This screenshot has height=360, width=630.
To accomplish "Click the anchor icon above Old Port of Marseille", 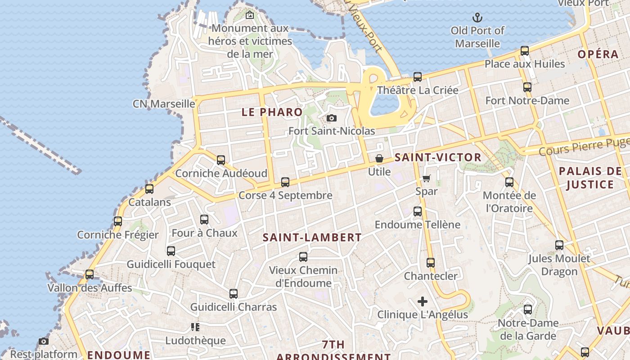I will [477, 18].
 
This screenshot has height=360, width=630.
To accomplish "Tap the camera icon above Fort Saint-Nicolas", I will [332, 118].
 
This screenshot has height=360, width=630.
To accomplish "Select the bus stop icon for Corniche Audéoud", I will [221, 160].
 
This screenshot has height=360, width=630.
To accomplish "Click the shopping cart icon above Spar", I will [426, 178].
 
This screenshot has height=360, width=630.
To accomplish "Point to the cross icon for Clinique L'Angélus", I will [422, 301].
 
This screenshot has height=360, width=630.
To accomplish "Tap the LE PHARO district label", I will [272, 112].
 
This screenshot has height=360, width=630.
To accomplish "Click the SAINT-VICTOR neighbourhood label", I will [438, 157].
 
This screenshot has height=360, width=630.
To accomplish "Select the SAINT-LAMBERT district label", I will [312, 238].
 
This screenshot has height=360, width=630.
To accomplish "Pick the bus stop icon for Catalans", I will [149, 189].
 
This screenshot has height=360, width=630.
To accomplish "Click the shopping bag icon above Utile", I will [379, 159].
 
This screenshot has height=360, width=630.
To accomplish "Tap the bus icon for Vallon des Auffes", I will [90, 274].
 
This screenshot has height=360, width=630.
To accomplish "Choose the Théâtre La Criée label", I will [418, 90].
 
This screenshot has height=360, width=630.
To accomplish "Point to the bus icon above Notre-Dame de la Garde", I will [528, 310].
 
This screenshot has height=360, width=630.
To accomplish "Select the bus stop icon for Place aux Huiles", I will [525, 51].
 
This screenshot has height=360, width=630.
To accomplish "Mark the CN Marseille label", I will [164, 104].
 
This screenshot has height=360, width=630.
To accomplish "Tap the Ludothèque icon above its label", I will [195, 327].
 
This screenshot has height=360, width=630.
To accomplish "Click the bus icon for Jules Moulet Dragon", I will [559, 245].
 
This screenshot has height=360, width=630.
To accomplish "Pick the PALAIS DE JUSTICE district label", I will [590, 178].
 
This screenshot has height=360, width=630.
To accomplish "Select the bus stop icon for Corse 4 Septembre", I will [285, 182].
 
